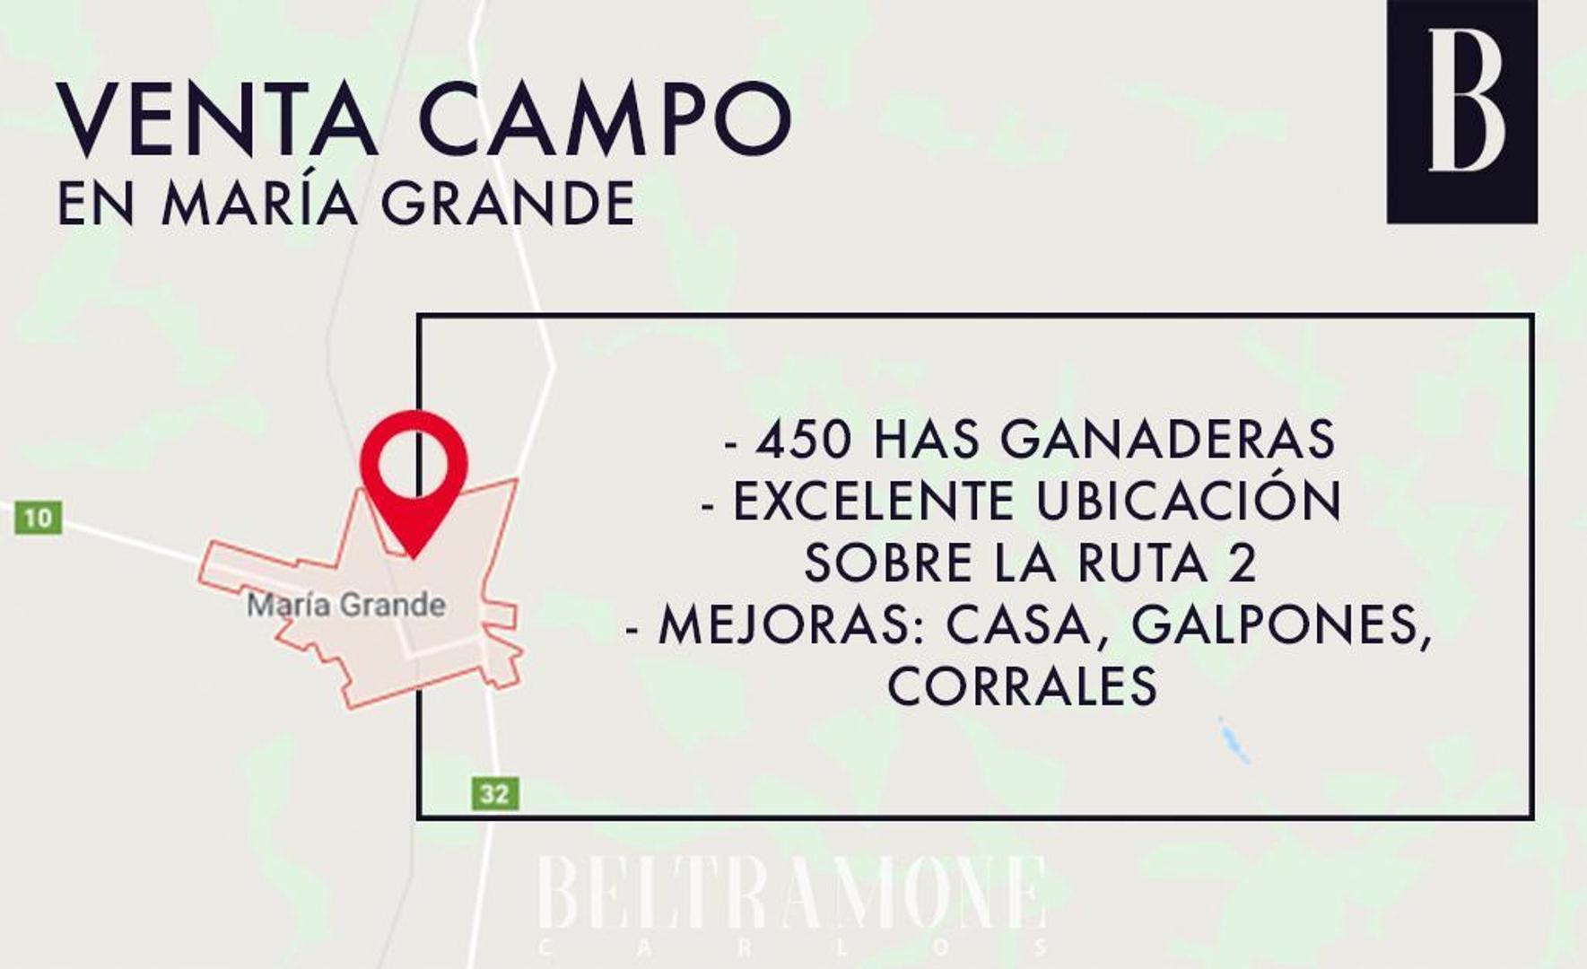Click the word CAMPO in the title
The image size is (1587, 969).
pyautogui.click(x=605, y=120)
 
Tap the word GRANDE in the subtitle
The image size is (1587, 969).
pyautogui.click(x=509, y=204)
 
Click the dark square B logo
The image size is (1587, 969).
pyautogui.click(x=1461, y=111)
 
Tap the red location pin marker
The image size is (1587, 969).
pyautogui.click(x=414, y=476)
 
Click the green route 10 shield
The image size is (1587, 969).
pyautogui.click(x=39, y=518)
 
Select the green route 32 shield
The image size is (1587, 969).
pyautogui.click(x=494, y=793)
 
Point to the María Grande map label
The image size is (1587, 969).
pyautogui.click(x=346, y=606)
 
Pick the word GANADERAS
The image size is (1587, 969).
pyautogui.click(x=1167, y=440)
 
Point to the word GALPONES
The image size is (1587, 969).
pyautogui.click(x=1280, y=626)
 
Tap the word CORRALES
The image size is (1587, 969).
pyautogui.click(x=1023, y=686)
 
